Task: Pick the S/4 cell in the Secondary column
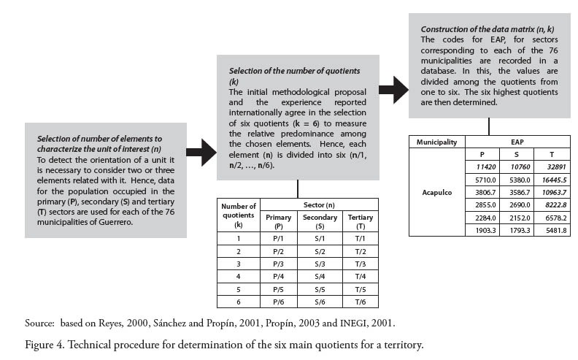point(320,276)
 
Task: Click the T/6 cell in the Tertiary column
point(360,302)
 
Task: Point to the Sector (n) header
point(320,207)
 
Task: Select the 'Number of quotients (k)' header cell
point(239,216)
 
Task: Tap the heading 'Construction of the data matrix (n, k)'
point(482,28)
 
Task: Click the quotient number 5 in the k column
point(239,289)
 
